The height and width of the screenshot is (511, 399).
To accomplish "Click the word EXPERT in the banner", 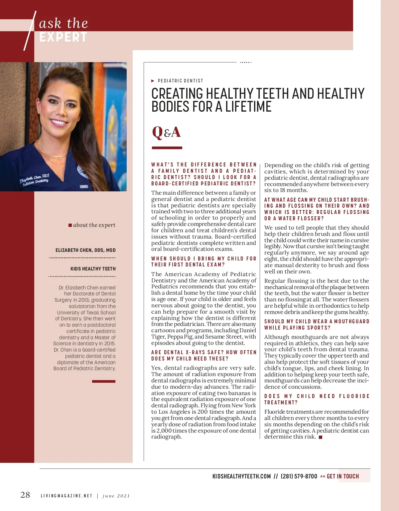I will [x=63, y=37].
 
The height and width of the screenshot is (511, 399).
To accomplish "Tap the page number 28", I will [x=25, y=495].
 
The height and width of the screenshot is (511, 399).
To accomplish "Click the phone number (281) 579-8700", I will [x=299, y=476].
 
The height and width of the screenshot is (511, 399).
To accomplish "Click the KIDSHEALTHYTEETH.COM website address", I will [x=241, y=476].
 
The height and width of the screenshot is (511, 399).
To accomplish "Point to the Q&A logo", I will [x=166, y=132].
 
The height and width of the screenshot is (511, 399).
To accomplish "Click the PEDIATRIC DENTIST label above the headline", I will [x=180, y=81].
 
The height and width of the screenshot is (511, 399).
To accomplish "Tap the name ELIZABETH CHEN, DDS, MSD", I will [x=85, y=250].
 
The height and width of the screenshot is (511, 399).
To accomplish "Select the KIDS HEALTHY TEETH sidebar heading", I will [x=93, y=269].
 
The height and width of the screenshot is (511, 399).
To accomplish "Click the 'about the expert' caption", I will [x=94, y=225].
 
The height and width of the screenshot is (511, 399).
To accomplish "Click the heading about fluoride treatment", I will [x=317, y=399].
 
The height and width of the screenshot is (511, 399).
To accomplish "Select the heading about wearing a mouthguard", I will [x=317, y=325].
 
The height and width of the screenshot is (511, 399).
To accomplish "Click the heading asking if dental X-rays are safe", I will [x=203, y=356].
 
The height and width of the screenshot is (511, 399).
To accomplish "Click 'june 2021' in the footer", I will [x=116, y=496].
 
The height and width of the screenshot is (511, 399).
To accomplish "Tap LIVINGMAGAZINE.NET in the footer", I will [x=66, y=496].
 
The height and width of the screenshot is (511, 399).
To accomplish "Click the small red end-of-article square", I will [x=321, y=437].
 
